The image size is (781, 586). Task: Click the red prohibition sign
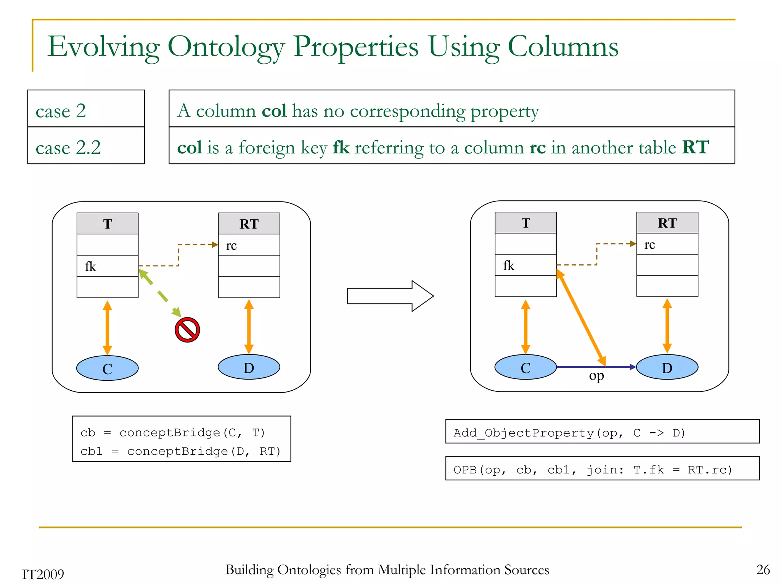coord(187,330)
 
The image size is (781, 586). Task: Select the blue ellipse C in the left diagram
coord(107,368)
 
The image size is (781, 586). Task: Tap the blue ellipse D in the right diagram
coord(667,367)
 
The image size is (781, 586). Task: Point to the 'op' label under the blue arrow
coord(596,376)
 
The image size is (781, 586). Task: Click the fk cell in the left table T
coord(107,266)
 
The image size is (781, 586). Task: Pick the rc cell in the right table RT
coord(667,244)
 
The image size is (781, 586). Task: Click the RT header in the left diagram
coord(249,224)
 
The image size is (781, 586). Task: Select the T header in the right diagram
coord(525,223)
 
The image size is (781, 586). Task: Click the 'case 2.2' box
coord(86,146)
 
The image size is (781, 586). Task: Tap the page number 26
coord(763,570)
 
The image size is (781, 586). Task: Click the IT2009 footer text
coord(43,574)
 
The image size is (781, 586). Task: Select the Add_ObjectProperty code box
coord(602,432)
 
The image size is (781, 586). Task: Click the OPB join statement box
coord(602,468)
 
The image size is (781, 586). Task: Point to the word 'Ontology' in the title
coord(226,47)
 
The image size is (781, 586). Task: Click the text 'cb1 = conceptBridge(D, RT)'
coord(181,451)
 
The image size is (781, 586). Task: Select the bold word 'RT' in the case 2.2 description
coord(696,147)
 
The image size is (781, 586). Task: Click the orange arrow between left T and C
coord(108,327)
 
